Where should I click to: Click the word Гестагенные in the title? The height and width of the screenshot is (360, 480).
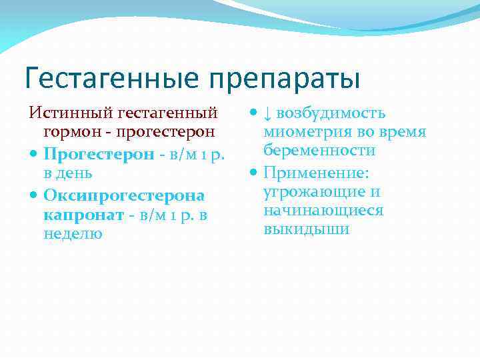pyautogui.click(x=112, y=78)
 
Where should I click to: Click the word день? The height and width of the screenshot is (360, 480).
pyautogui.click(x=68, y=173)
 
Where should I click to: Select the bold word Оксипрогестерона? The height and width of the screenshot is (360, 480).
pyautogui.click(x=124, y=196)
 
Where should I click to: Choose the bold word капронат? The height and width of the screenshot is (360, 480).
pyautogui.click(x=84, y=215)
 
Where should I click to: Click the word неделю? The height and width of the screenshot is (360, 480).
pyautogui.click(x=73, y=234)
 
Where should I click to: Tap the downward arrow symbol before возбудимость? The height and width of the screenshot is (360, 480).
pyautogui.click(x=268, y=113)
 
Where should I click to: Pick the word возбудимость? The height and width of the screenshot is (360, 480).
pyautogui.click(x=331, y=113)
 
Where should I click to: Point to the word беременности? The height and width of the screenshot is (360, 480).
pyautogui.click(x=319, y=151)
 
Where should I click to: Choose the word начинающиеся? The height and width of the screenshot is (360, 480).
pyautogui.click(x=323, y=211)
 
